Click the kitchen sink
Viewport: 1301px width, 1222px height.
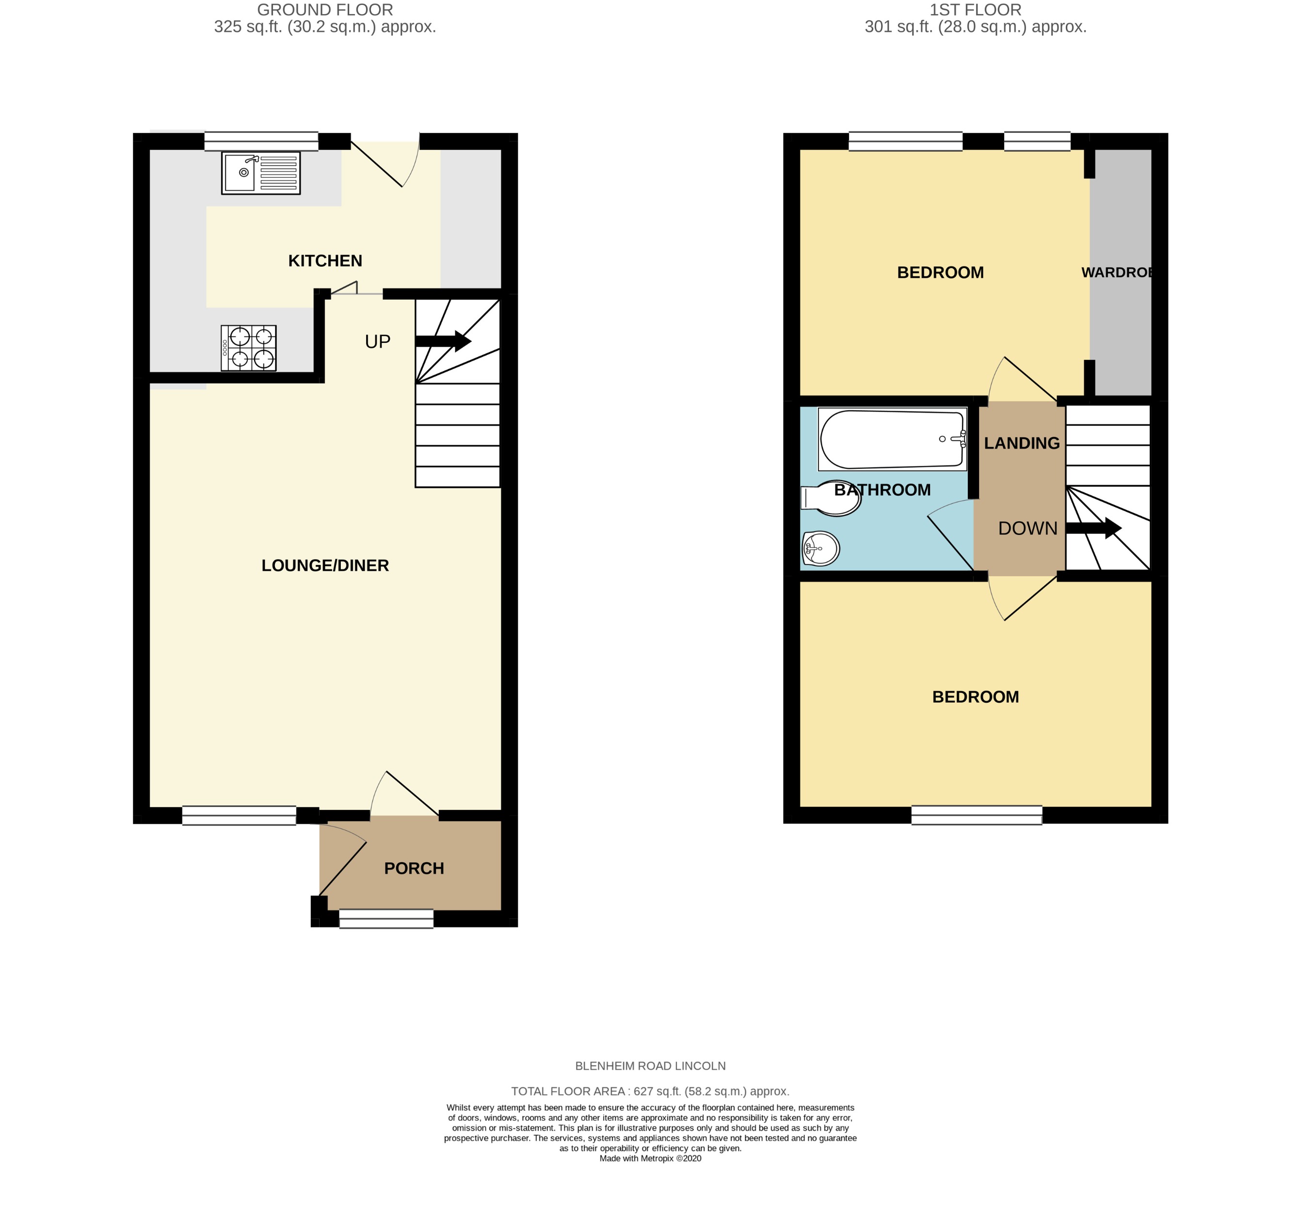[260, 173]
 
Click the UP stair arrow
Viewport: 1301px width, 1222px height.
[443, 341]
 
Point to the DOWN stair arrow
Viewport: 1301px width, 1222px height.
[1093, 528]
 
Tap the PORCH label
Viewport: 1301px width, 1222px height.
[414, 868]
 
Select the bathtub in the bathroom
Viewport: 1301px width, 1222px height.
[892, 439]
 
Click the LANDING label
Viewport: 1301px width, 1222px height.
[1022, 443]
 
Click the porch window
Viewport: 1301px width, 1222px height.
[386, 918]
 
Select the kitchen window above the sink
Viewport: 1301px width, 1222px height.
[261, 142]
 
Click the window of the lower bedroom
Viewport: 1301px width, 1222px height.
[977, 815]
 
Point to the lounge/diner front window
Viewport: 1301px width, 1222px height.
[239, 815]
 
